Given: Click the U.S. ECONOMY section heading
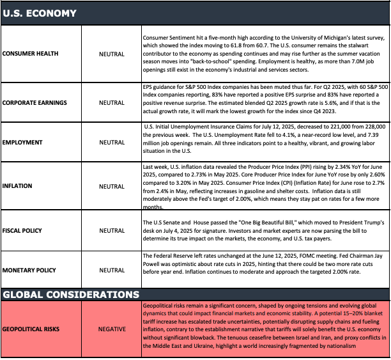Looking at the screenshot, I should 40,13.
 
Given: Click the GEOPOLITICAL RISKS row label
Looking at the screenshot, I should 34,329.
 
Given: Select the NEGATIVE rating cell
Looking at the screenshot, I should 112,329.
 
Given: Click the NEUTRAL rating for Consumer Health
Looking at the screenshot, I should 112,54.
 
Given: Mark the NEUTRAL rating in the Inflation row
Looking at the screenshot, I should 112,187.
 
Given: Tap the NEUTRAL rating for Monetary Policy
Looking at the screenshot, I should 112,270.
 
